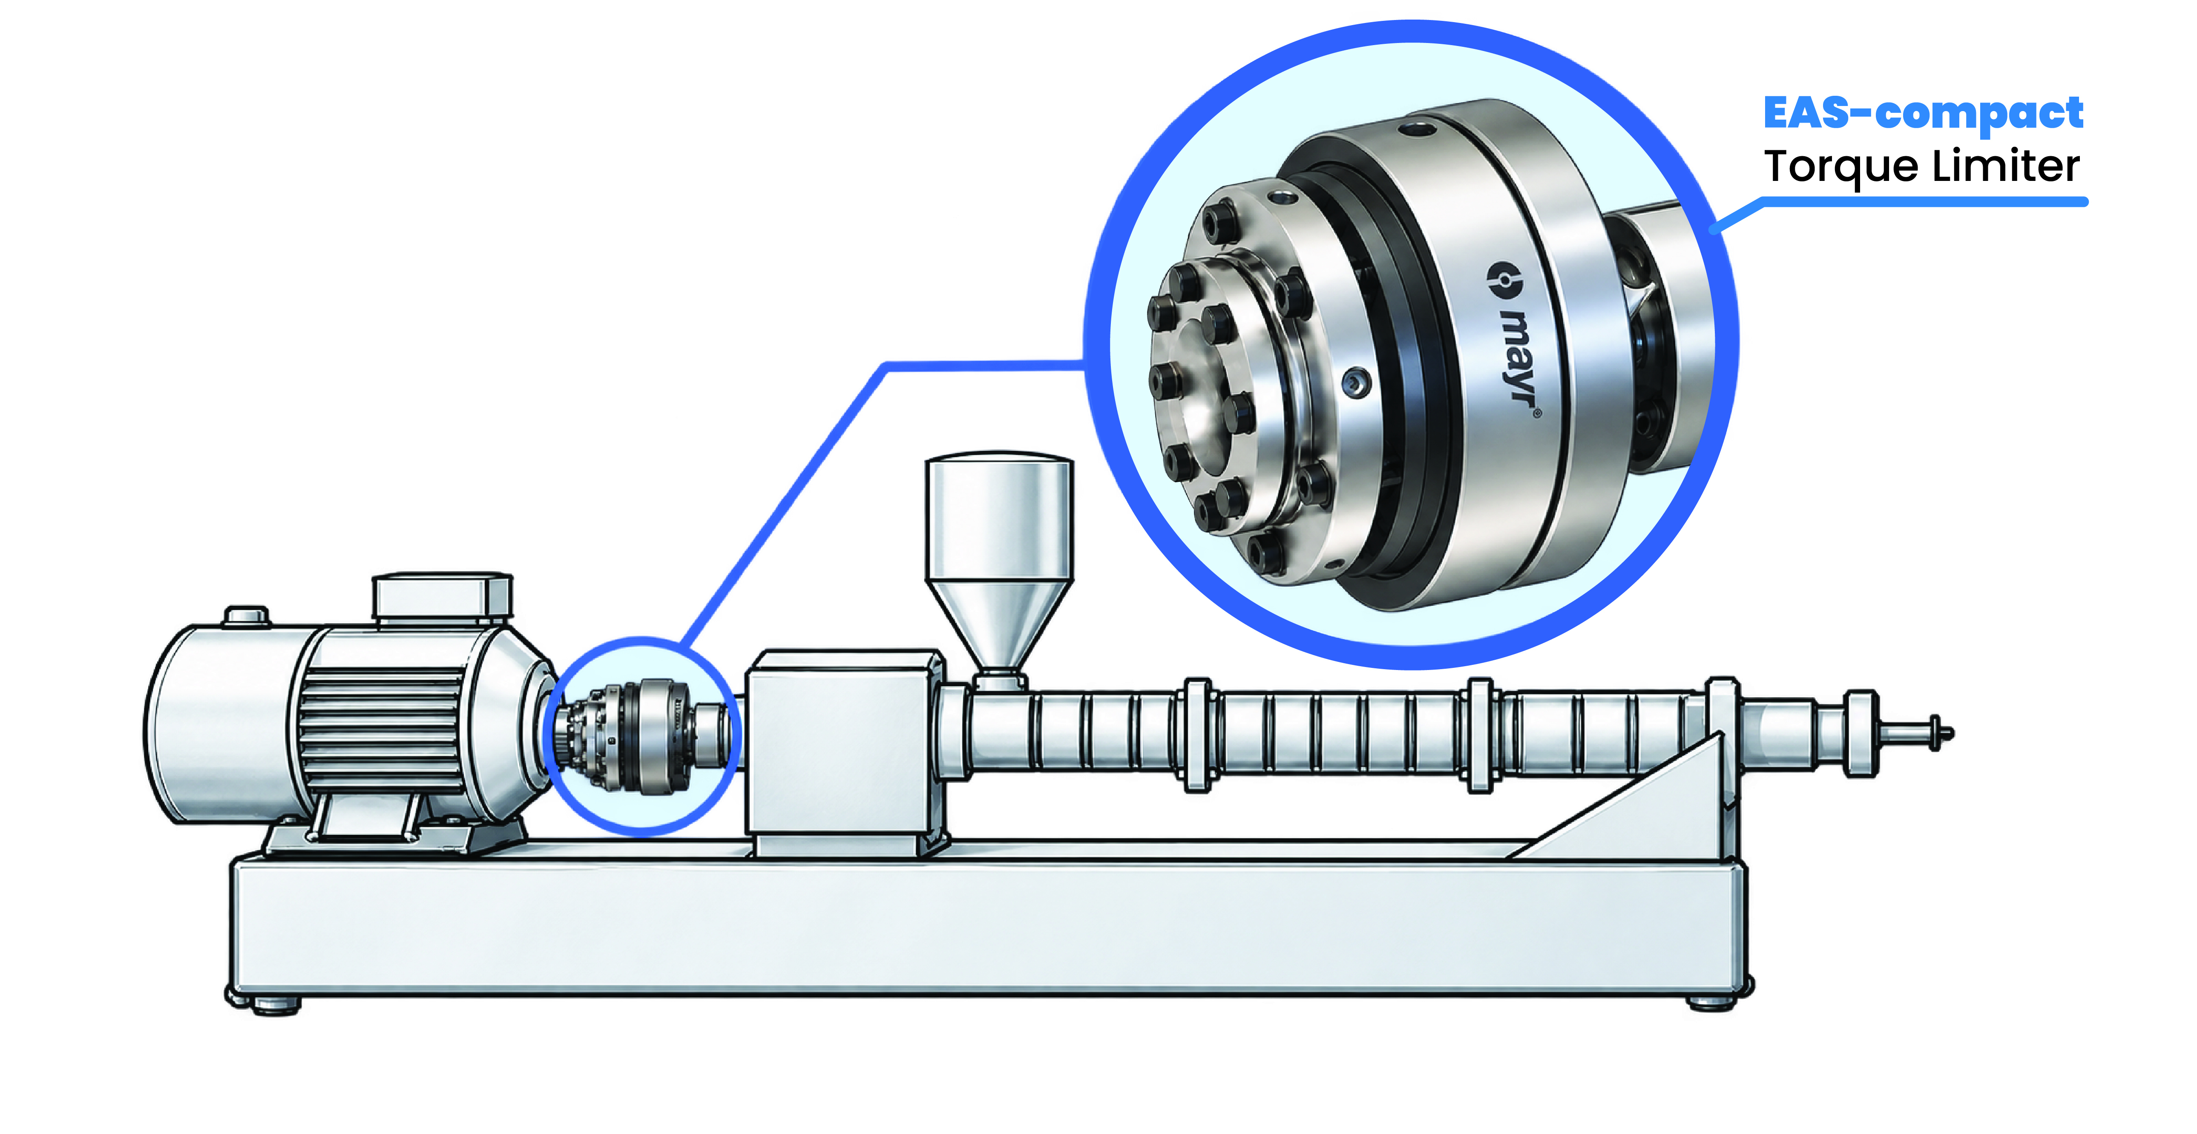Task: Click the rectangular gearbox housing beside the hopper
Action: [x=844, y=750]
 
